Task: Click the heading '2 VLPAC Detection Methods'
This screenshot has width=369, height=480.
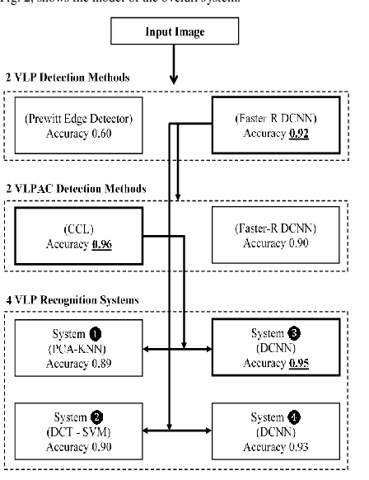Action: click(x=81, y=189)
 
